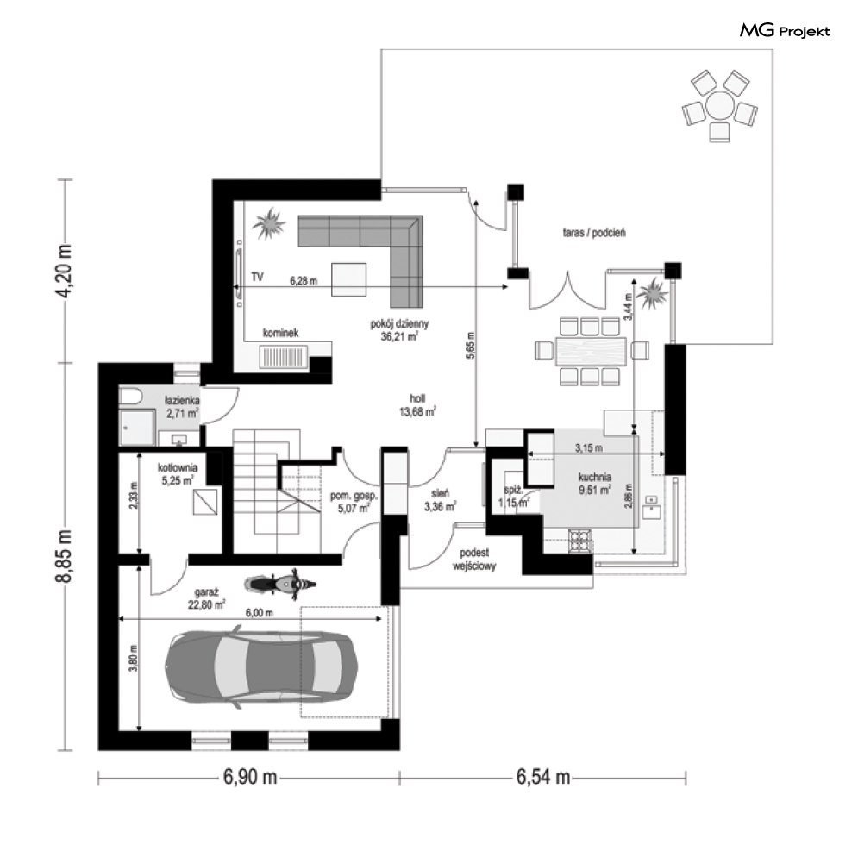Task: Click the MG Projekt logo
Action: tap(785, 32)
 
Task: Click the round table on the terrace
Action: tap(718, 108)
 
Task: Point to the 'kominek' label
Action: tap(281, 333)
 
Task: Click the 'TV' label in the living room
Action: tap(257, 278)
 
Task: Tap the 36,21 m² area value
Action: tap(399, 337)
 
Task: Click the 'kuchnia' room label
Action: tap(595, 476)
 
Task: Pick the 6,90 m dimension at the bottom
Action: tap(250, 777)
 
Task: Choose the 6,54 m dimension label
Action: tap(543, 777)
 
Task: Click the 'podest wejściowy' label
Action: tap(475, 561)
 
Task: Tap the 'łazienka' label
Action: tap(184, 402)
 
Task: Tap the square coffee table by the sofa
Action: tap(351, 278)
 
